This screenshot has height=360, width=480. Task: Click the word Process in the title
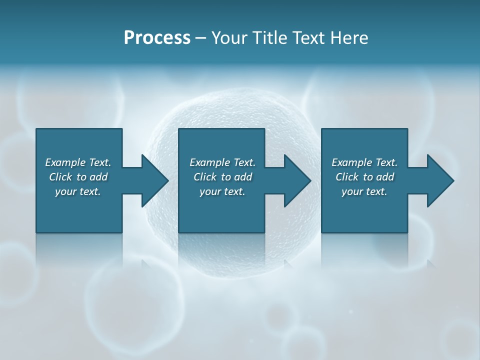click(157, 38)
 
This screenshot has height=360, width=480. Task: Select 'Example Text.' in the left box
click(78, 162)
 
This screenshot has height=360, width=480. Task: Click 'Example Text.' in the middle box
click(222, 162)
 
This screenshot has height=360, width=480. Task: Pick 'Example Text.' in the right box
click(364, 162)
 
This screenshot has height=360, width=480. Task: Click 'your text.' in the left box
click(78, 191)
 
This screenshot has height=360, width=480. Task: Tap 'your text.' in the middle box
click(222, 191)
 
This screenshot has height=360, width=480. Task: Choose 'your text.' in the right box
click(364, 191)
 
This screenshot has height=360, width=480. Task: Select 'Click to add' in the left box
click(78, 177)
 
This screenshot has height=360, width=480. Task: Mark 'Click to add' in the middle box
click(222, 177)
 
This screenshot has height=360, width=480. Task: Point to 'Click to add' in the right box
click(364, 177)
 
